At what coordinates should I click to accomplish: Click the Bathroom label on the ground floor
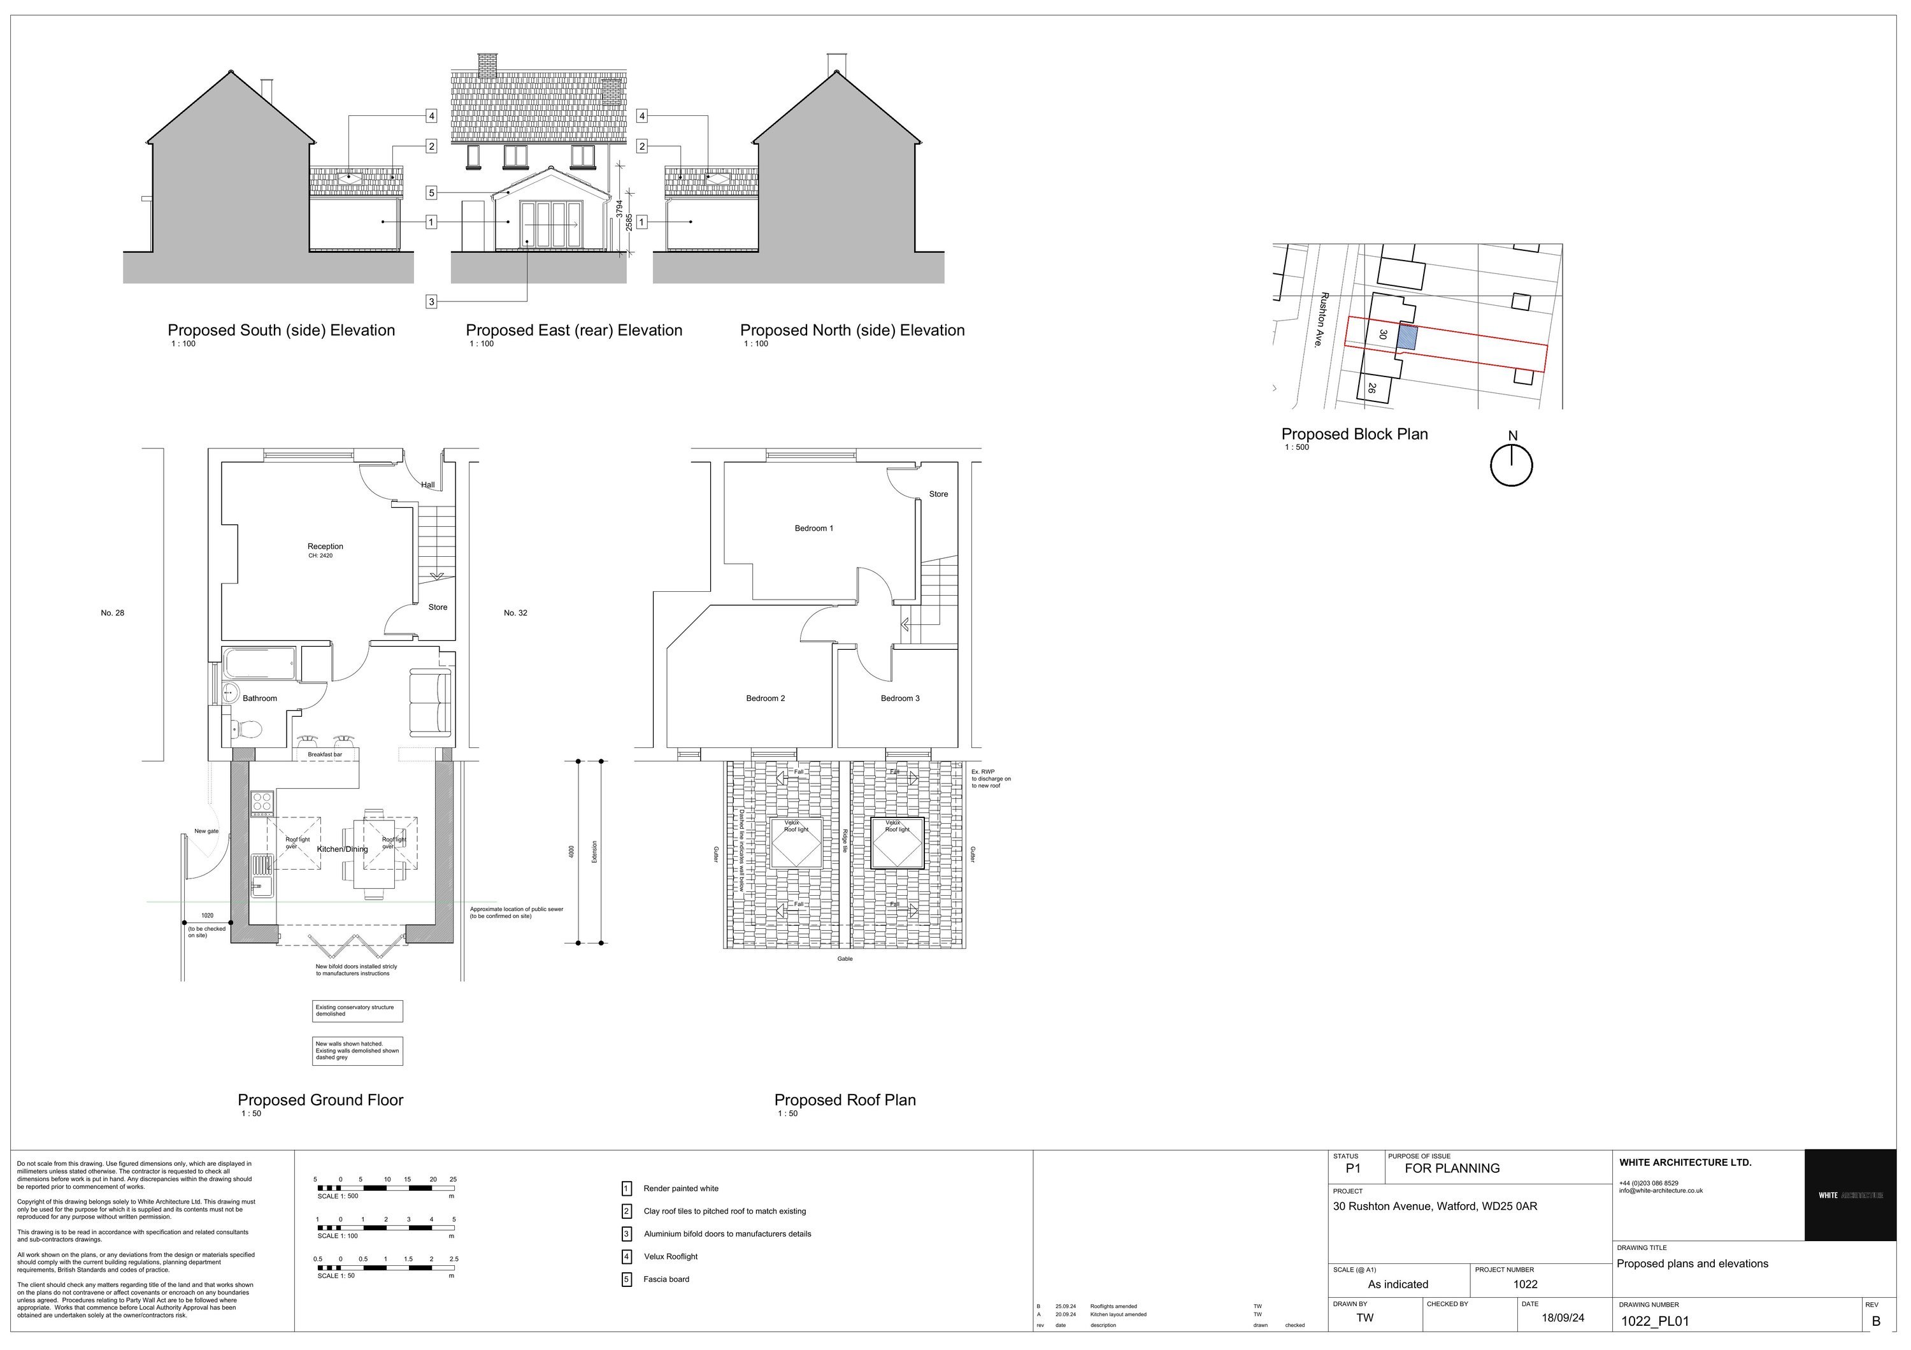(x=260, y=698)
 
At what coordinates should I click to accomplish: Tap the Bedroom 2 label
(x=765, y=698)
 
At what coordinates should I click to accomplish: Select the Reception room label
(x=325, y=547)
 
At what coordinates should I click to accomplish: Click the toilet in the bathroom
(x=248, y=731)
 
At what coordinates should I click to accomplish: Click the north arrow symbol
(x=1511, y=464)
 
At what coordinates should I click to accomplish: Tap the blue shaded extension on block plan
(x=1406, y=337)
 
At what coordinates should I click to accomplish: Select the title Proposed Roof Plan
(x=844, y=1100)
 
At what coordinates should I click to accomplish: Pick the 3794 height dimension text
(x=619, y=208)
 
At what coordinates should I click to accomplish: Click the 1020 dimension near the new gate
(x=207, y=916)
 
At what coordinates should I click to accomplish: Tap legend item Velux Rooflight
(x=670, y=1257)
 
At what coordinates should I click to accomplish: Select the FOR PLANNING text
(x=1452, y=1168)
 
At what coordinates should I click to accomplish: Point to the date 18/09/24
(x=1563, y=1318)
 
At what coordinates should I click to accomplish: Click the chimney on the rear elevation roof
(x=487, y=62)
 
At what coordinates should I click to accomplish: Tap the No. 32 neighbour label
(x=515, y=614)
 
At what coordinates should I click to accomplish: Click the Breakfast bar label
(x=325, y=754)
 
